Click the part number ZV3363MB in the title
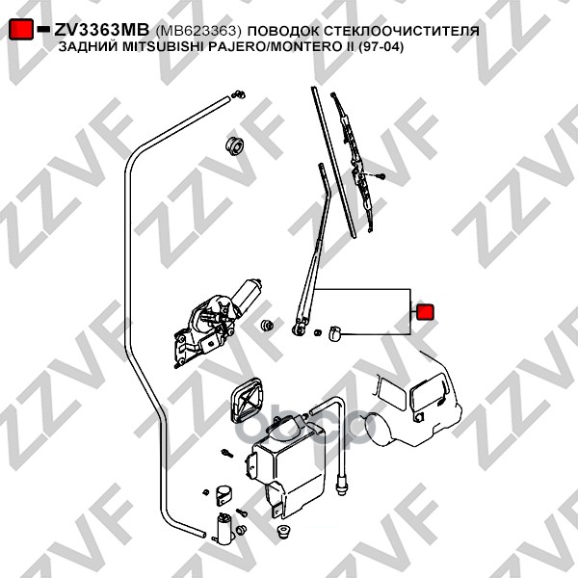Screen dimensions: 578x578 (x=100, y=30)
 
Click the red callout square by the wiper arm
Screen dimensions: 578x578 (x=425, y=312)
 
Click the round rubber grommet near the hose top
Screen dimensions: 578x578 (x=232, y=145)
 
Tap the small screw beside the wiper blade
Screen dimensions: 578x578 (x=381, y=176)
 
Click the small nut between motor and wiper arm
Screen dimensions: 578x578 (x=263, y=327)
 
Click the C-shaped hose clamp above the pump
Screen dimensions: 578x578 (x=221, y=497)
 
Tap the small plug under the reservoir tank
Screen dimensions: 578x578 (x=285, y=532)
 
